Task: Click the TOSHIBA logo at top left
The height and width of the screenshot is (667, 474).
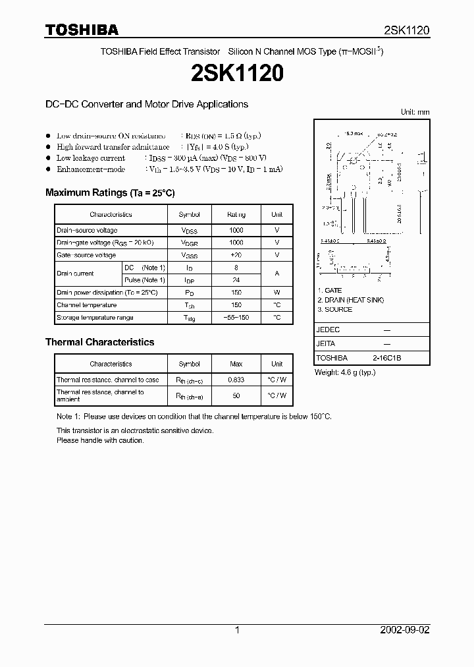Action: tap(82, 30)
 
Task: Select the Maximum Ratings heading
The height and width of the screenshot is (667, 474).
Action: tap(109, 192)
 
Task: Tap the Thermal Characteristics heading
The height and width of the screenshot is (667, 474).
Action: tap(99, 342)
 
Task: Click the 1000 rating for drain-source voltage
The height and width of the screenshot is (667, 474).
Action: tap(236, 231)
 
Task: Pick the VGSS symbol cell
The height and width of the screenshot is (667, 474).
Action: tap(190, 255)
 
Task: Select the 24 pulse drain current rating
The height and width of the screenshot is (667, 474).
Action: tap(236, 280)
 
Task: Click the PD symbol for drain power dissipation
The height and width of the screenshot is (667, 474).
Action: tap(190, 293)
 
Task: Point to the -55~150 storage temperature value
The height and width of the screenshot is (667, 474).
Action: tap(236, 318)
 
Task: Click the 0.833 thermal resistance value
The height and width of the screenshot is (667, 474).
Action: tap(236, 380)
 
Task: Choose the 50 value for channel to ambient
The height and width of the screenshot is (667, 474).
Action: tap(236, 396)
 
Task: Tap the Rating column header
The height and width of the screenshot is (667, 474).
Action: tap(236, 215)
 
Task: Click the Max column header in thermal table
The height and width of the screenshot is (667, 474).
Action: tap(236, 364)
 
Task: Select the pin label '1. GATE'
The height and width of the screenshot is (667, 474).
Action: tap(330, 291)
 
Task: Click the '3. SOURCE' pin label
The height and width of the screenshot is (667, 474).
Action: tap(334, 309)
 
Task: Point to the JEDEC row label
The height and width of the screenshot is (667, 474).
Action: tap(328, 329)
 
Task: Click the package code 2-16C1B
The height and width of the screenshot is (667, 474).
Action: tap(386, 358)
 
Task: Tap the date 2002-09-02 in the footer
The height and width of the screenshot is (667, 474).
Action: tap(405, 630)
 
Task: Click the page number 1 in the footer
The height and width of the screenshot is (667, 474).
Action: tap(237, 630)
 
